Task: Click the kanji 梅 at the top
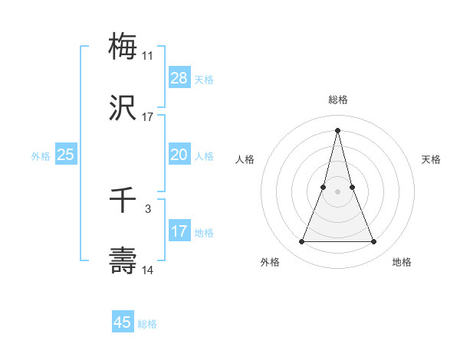click(123, 47)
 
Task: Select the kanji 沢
click(123, 109)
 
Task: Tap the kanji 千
click(123, 201)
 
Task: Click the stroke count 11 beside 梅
click(147, 56)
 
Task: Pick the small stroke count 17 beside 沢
click(148, 117)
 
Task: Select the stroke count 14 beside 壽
click(148, 270)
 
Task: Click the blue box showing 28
click(179, 77)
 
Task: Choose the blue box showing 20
click(179, 154)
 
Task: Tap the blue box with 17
click(179, 231)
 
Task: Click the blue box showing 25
click(66, 154)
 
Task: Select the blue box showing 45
click(123, 322)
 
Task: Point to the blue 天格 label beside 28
click(204, 79)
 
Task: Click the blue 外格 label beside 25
click(41, 155)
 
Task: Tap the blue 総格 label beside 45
click(147, 324)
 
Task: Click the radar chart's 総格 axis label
click(337, 100)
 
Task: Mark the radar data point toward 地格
click(374, 242)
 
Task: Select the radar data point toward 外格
click(301, 242)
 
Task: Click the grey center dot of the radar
click(337, 191)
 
